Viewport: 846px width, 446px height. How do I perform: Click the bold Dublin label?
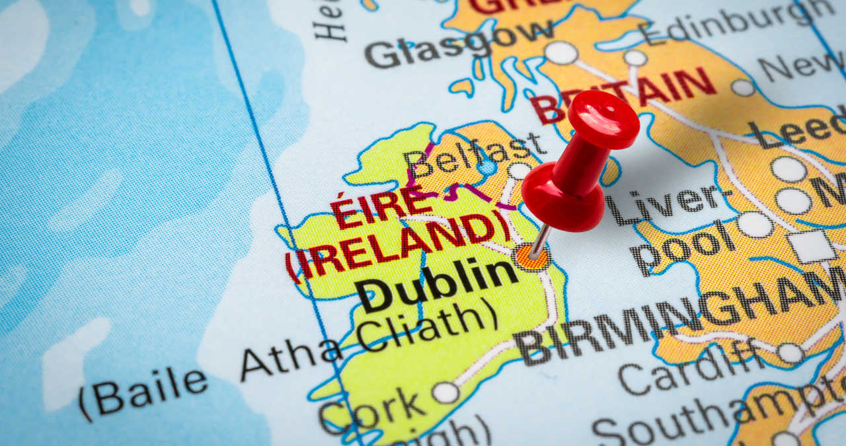point(437,285)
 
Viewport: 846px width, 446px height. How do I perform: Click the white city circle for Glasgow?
point(560,52)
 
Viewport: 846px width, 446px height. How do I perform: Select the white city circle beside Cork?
point(445,392)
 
